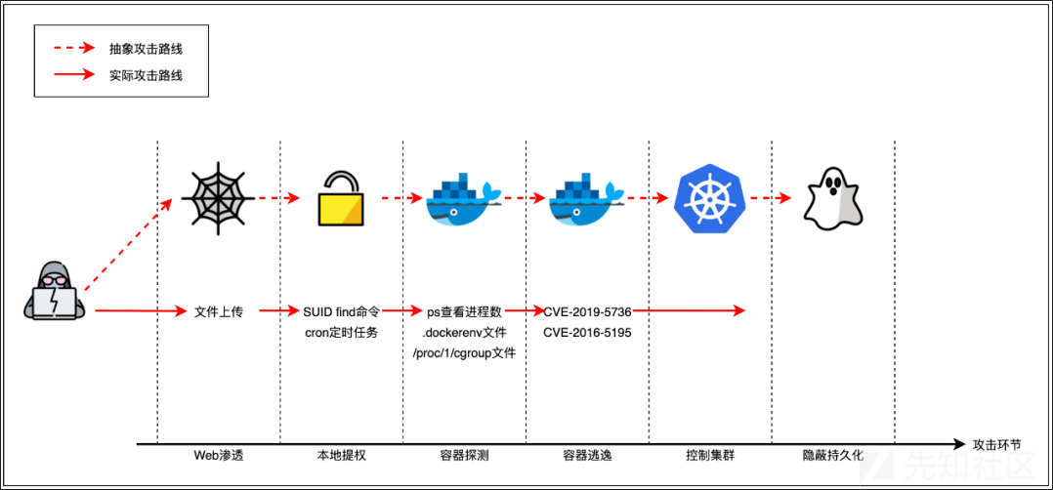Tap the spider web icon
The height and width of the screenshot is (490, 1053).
(219, 197)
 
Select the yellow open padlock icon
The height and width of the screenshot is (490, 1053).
(342, 198)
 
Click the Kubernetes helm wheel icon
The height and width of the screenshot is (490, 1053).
(710, 198)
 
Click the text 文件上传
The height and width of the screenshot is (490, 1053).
(218, 311)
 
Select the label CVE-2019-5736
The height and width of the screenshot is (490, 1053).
(587, 311)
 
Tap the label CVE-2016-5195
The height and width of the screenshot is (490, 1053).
(587, 332)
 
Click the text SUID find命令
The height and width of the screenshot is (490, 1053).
(342, 311)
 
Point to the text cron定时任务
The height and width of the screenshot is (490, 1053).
(342, 332)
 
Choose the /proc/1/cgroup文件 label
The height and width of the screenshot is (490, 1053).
(464, 352)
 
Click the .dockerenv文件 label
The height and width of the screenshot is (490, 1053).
(464, 332)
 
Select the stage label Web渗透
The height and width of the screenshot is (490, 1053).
(218, 455)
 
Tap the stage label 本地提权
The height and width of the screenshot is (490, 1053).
(342, 455)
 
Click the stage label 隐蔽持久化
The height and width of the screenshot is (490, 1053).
(832, 455)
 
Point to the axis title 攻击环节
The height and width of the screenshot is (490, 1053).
(996, 443)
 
